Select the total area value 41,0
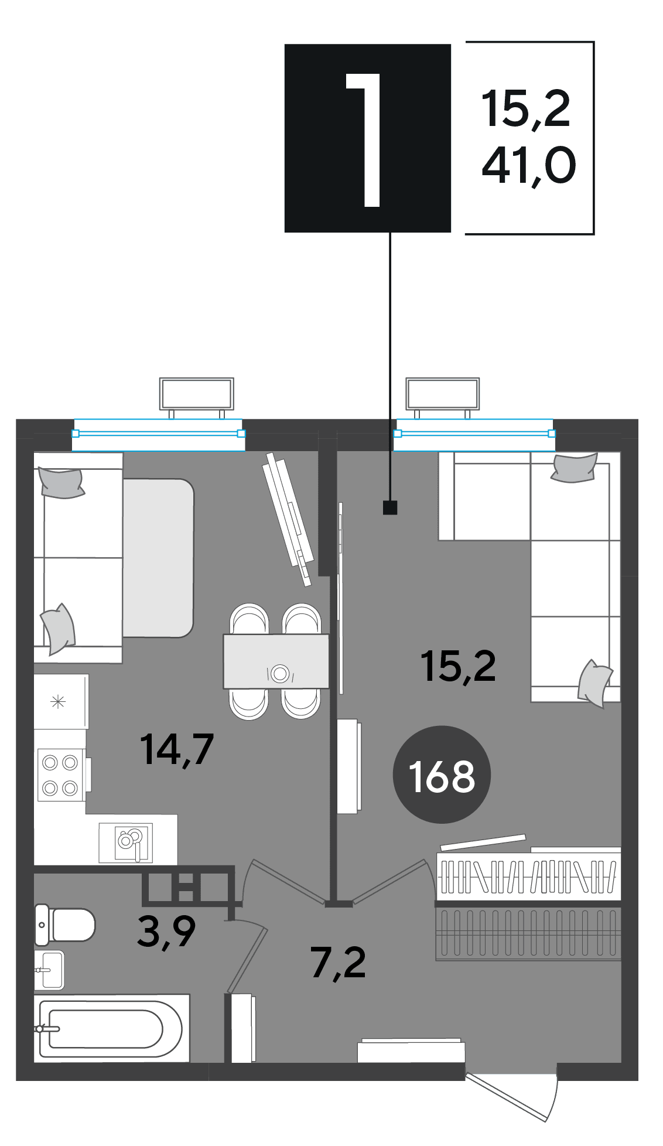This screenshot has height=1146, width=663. point(529,166)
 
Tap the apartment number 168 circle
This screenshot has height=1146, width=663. point(442,775)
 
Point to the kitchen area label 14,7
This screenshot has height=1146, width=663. point(177,749)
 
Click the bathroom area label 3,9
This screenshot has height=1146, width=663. point(166,932)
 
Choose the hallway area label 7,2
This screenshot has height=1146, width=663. point(339,963)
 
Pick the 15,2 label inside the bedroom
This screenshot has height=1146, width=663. point(458,666)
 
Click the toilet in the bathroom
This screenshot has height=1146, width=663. point(64,925)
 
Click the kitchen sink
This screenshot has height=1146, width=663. point(126,843)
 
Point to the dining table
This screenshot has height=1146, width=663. point(276,661)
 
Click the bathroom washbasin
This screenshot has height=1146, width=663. point(50,970)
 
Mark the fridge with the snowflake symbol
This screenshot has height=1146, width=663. point(61,701)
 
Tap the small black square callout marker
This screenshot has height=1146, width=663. point(390,507)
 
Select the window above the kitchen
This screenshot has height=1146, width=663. point(158,434)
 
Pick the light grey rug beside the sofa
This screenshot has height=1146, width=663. point(158,558)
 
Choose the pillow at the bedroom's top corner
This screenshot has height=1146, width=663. point(574,468)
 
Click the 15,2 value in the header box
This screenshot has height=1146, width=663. point(526,109)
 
